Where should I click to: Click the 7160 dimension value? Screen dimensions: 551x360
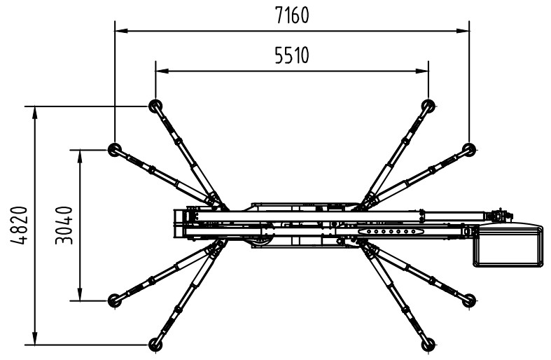point(292,15)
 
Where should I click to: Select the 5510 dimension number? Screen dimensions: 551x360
point(292,55)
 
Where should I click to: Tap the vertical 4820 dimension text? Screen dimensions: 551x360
point(19,226)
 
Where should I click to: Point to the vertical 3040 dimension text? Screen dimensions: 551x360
point(64,226)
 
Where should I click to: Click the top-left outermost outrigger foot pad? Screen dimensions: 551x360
point(115,149)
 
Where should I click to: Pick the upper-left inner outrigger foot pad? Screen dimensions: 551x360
point(155,106)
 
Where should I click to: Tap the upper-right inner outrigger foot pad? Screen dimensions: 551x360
point(428,106)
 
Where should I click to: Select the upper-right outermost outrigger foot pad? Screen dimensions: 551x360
point(469,149)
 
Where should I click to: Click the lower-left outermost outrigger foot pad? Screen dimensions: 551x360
point(115,300)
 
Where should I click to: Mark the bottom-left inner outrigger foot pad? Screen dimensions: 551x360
point(155,344)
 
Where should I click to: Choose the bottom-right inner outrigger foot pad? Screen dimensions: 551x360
point(428,344)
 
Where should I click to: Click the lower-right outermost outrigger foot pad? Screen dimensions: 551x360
point(469,300)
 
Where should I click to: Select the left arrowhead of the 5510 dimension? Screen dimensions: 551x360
point(162,71)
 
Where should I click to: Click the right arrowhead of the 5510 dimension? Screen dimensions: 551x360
point(422,71)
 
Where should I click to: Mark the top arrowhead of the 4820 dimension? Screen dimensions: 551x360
point(34,112)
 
